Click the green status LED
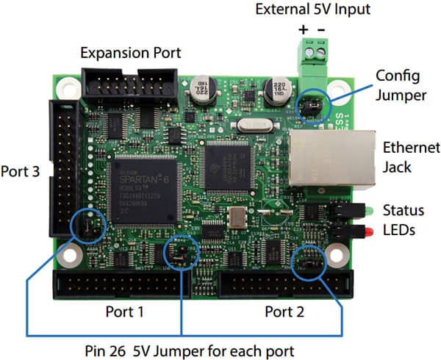coord(364,210)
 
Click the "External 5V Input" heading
coord(312,10)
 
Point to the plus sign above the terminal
coord(303,30)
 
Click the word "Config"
coord(397,75)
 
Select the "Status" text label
coord(403,210)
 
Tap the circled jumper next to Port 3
coord(88,228)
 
